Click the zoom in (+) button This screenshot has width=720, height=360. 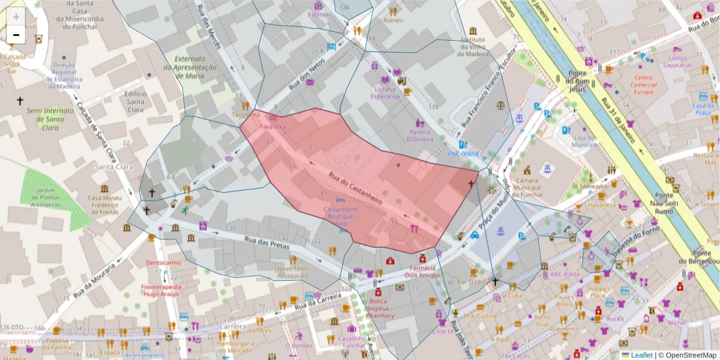16,16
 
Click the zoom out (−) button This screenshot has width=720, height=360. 16,35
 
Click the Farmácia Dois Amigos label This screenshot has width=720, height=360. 423,271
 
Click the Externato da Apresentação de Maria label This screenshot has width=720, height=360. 196,67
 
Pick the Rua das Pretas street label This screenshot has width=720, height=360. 267,242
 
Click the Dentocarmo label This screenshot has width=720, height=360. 163,263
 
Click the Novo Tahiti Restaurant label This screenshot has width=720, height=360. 293,272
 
